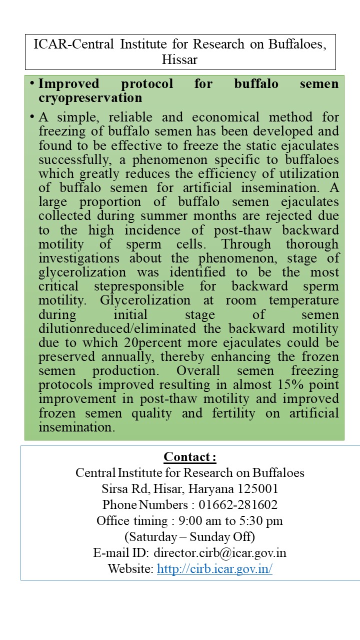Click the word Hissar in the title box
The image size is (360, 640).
[x=179, y=60]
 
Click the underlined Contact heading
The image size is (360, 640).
[x=189, y=457]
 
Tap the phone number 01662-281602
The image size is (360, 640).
[x=237, y=504]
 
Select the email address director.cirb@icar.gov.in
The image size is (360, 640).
[x=220, y=552]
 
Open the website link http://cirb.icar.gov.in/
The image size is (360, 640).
[x=214, y=568]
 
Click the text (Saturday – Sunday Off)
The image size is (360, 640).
[x=189, y=536]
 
